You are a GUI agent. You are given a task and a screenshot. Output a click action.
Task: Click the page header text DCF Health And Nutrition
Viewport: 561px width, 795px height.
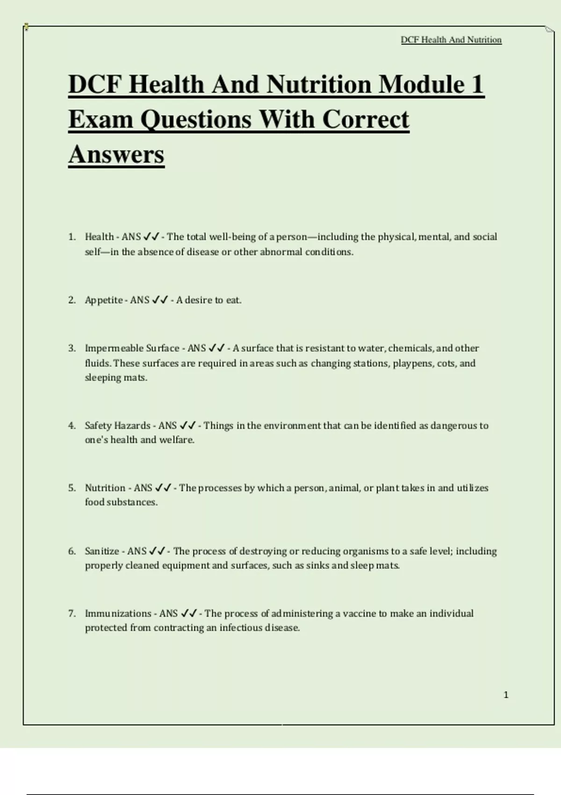(x=451, y=40)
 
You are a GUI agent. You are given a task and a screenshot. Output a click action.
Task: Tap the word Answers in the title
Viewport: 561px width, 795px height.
(x=116, y=154)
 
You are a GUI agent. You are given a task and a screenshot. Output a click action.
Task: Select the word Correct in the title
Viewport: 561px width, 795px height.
(x=366, y=119)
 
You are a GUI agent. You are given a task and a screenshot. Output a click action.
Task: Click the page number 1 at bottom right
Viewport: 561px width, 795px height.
(x=506, y=695)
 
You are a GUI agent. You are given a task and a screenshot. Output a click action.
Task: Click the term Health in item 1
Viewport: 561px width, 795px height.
(x=99, y=237)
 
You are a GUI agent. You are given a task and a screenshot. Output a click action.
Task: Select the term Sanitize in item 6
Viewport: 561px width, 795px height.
(x=102, y=551)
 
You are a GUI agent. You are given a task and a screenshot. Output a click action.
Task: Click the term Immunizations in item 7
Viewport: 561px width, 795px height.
(x=118, y=614)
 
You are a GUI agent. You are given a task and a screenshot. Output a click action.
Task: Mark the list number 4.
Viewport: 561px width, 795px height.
(x=72, y=426)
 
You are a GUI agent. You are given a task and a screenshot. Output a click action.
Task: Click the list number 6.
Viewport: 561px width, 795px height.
(x=72, y=551)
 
